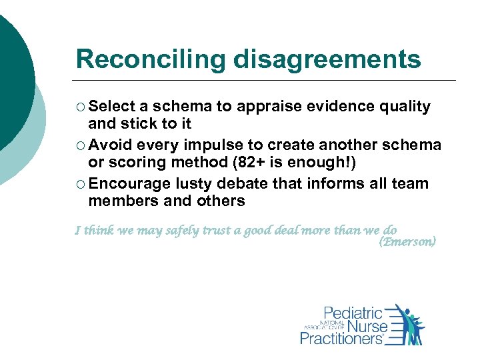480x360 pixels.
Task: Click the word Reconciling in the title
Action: point(151,59)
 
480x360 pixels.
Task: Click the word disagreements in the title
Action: point(327,59)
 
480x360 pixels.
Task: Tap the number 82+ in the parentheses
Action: point(277,162)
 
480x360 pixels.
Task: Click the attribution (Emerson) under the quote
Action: point(407,242)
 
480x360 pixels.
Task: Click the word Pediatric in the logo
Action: point(353,313)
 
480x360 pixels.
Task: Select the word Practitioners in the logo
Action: point(341,339)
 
